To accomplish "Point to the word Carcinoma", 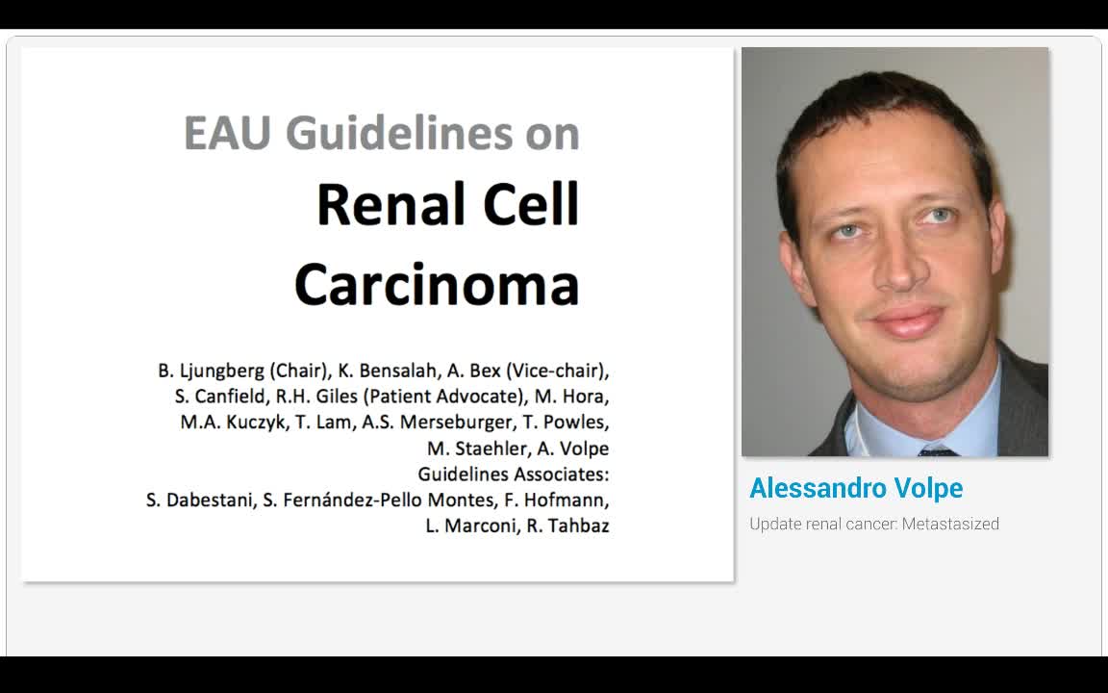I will pyautogui.click(x=437, y=285).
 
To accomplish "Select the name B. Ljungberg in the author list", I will pyautogui.click(x=212, y=371).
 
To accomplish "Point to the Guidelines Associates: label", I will pyautogui.click(x=513, y=475).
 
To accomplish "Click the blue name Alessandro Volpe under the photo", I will pyautogui.click(x=856, y=488).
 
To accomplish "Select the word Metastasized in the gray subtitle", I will pyautogui.click(x=950, y=524).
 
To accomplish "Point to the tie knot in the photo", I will pyautogui.click(x=936, y=450).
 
